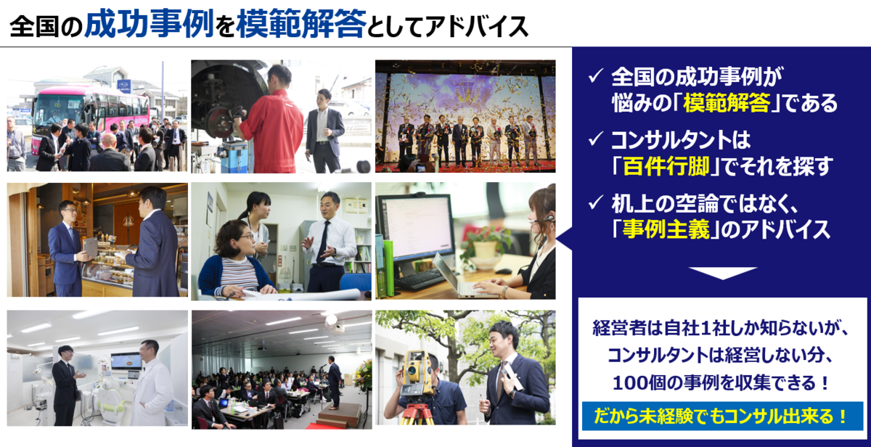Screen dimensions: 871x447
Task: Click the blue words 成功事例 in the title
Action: point(150,24)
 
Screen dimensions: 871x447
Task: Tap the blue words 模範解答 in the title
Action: point(301,24)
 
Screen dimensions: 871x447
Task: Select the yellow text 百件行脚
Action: point(666,166)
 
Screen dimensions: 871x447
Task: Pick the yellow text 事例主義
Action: point(666,229)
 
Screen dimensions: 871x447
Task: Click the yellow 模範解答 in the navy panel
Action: point(727,103)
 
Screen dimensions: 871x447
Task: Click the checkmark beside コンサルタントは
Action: point(596,139)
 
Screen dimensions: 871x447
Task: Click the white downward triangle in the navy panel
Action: point(723,273)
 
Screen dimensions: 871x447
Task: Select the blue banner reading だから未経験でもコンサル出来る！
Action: point(722,417)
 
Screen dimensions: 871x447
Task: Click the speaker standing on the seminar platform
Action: point(334,382)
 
